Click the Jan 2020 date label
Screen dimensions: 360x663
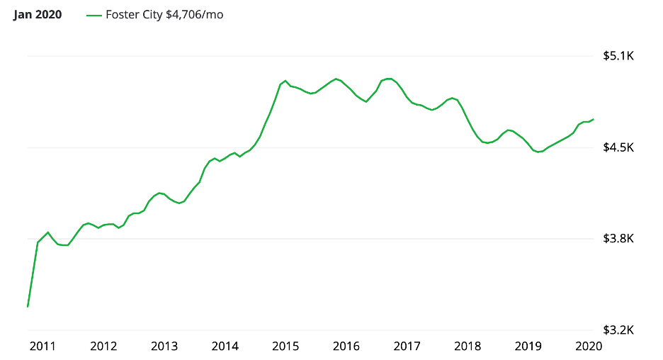pos(38,15)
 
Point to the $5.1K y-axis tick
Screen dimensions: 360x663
pos(616,56)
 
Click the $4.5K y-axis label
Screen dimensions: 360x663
pos(616,147)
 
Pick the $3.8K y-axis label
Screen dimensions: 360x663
pos(616,239)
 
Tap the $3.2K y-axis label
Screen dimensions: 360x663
pos(616,330)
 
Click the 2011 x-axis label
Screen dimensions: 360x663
pos(43,346)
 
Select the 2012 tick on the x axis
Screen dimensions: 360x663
pos(103,346)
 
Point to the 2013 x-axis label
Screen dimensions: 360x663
pos(164,346)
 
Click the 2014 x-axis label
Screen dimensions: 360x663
pos(225,346)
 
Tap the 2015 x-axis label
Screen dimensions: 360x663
pos(285,346)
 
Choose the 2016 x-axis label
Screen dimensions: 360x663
pos(346,346)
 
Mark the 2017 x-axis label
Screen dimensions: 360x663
pos(407,346)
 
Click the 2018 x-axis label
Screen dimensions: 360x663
pos(467,346)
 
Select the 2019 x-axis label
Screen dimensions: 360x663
pos(528,346)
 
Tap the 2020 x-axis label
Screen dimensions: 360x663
pos(588,346)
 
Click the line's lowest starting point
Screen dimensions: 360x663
pos(28,306)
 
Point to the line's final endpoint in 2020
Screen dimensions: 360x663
pos(593,119)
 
